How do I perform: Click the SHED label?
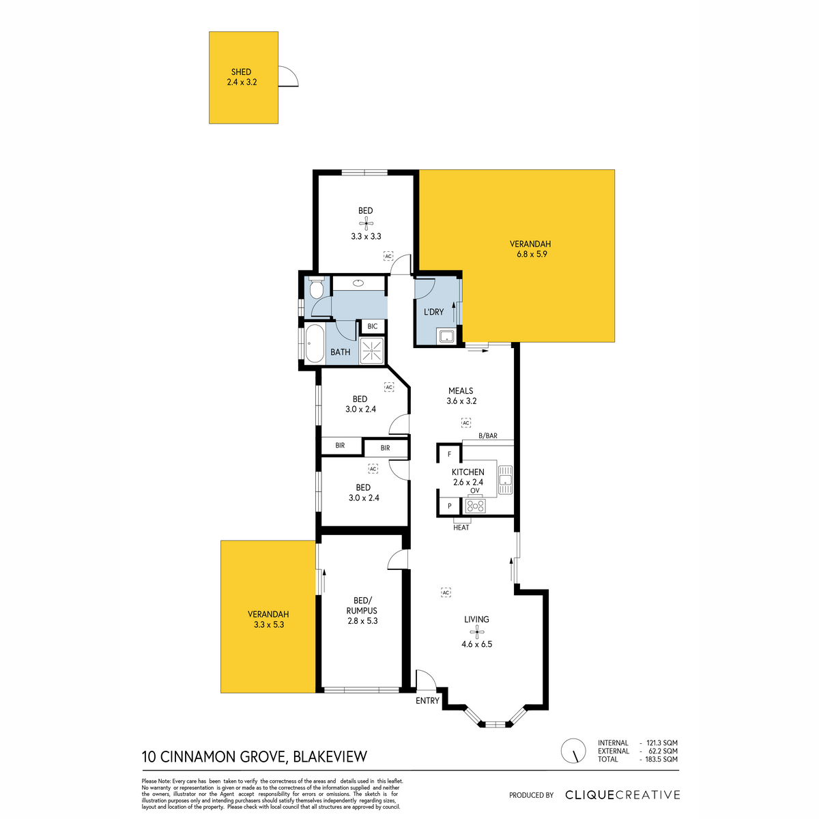(241, 72)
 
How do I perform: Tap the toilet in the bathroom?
(316, 287)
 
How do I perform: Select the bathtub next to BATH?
(315, 343)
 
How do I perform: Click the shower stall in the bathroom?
(371, 351)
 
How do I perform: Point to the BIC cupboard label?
(373, 326)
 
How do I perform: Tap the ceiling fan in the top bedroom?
(366, 223)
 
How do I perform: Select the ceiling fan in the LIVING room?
(476, 632)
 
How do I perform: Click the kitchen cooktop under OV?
(475, 505)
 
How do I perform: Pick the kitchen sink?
(505, 480)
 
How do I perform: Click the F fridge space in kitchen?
(450, 455)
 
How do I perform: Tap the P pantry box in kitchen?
(450, 506)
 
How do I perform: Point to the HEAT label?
(461, 528)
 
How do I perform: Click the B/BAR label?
(488, 435)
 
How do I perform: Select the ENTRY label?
(427, 701)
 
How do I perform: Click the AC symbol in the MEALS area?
(466, 423)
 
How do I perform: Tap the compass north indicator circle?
(573, 751)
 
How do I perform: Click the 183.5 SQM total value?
(661, 759)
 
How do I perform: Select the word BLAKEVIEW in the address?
(330, 757)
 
